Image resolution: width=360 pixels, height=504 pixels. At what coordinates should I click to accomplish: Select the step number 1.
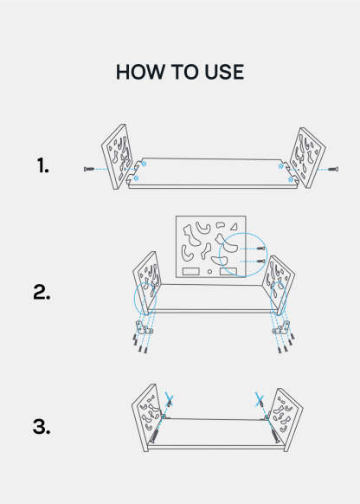point(42,165)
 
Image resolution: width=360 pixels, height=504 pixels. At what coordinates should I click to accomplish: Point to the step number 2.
point(42,293)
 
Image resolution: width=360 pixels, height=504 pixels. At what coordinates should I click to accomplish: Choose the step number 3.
point(42,427)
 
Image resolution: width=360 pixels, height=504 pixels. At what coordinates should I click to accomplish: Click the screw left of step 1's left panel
point(89,169)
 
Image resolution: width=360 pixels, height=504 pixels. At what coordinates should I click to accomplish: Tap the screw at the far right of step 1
point(333,169)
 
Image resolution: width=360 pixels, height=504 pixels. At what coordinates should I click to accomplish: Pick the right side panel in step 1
point(307,158)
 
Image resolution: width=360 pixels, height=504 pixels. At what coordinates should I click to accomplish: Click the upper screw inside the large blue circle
point(261,249)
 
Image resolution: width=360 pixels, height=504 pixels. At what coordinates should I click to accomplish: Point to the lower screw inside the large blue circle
point(261,261)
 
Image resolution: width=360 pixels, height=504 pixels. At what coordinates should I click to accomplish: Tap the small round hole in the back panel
point(209,272)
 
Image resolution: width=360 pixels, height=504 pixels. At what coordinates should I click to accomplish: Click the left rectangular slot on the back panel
point(190,271)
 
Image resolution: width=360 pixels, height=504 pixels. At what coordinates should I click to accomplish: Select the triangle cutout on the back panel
point(235,227)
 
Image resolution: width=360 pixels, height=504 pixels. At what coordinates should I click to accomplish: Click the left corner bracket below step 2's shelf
point(144,327)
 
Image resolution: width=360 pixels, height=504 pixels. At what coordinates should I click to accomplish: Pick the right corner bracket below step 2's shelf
point(281,327)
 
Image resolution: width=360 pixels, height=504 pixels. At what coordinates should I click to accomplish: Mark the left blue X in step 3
point(170,400)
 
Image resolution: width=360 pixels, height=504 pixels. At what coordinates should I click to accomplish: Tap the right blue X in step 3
point(260,399)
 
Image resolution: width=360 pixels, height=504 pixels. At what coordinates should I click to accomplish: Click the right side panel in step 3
point(285,418)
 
